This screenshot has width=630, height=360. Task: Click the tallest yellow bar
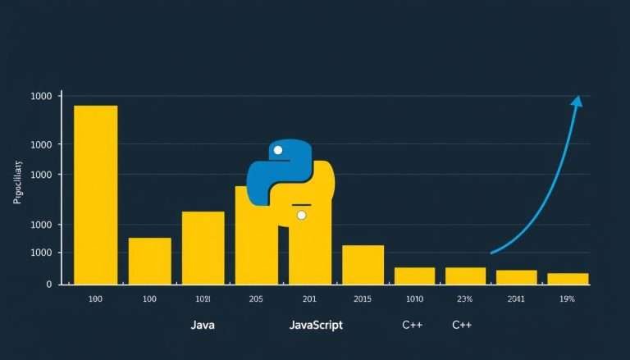96,194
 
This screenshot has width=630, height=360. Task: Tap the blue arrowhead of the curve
577,102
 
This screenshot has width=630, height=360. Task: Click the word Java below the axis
203,325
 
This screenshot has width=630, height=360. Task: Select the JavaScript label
316,325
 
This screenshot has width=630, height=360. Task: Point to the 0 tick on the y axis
48,284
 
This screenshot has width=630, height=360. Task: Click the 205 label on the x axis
256,299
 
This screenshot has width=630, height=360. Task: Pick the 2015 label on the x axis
362,299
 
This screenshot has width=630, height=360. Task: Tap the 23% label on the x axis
464,299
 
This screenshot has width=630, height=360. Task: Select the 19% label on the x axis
567,299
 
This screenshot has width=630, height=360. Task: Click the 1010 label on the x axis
413,299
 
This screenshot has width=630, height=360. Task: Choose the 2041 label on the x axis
516,299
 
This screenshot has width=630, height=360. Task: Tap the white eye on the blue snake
277,150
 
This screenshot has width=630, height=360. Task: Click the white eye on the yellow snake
301,215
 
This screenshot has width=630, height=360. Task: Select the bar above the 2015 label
363,264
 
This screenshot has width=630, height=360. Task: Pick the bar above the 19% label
568,279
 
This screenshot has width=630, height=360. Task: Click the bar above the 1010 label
414,276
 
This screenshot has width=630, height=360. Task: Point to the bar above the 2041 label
517,277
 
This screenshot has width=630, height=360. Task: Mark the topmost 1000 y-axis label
41,97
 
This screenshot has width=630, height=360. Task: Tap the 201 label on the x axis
309,299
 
